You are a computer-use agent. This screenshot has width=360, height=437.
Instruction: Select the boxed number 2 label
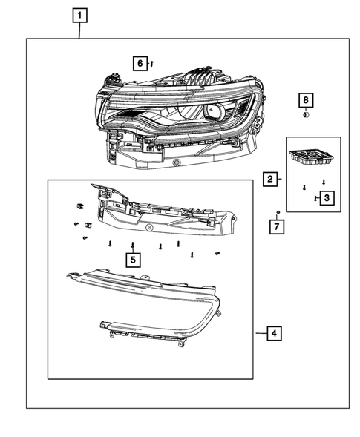(269, 178)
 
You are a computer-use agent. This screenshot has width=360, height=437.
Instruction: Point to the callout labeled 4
(274, 334)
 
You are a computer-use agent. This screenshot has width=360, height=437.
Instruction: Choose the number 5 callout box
(132, 260)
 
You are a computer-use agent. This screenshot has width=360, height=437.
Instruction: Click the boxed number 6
(139, 64)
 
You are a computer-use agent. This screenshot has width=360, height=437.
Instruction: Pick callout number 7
(277, 226)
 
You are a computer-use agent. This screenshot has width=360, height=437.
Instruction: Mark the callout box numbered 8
(305, 100)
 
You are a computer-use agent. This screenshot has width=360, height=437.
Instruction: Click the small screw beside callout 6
(151, 65)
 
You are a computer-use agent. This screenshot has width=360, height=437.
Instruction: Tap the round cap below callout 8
(305, 115)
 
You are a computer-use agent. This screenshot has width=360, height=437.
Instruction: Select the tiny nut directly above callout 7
(277, 213)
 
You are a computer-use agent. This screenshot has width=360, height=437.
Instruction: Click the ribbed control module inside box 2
(309, 157)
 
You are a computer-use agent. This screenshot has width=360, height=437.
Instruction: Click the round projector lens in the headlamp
(215, 111)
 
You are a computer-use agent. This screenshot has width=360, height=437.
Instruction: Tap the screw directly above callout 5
(132, 244)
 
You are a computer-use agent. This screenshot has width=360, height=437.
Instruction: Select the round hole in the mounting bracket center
(150, 226)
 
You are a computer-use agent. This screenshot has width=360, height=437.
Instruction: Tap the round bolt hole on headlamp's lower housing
(176, 162)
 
